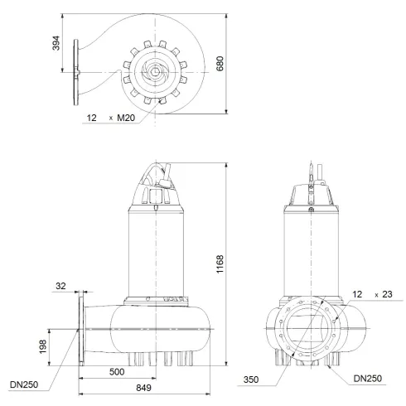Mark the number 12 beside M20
[90, 118]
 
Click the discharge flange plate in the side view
[82, 331]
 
